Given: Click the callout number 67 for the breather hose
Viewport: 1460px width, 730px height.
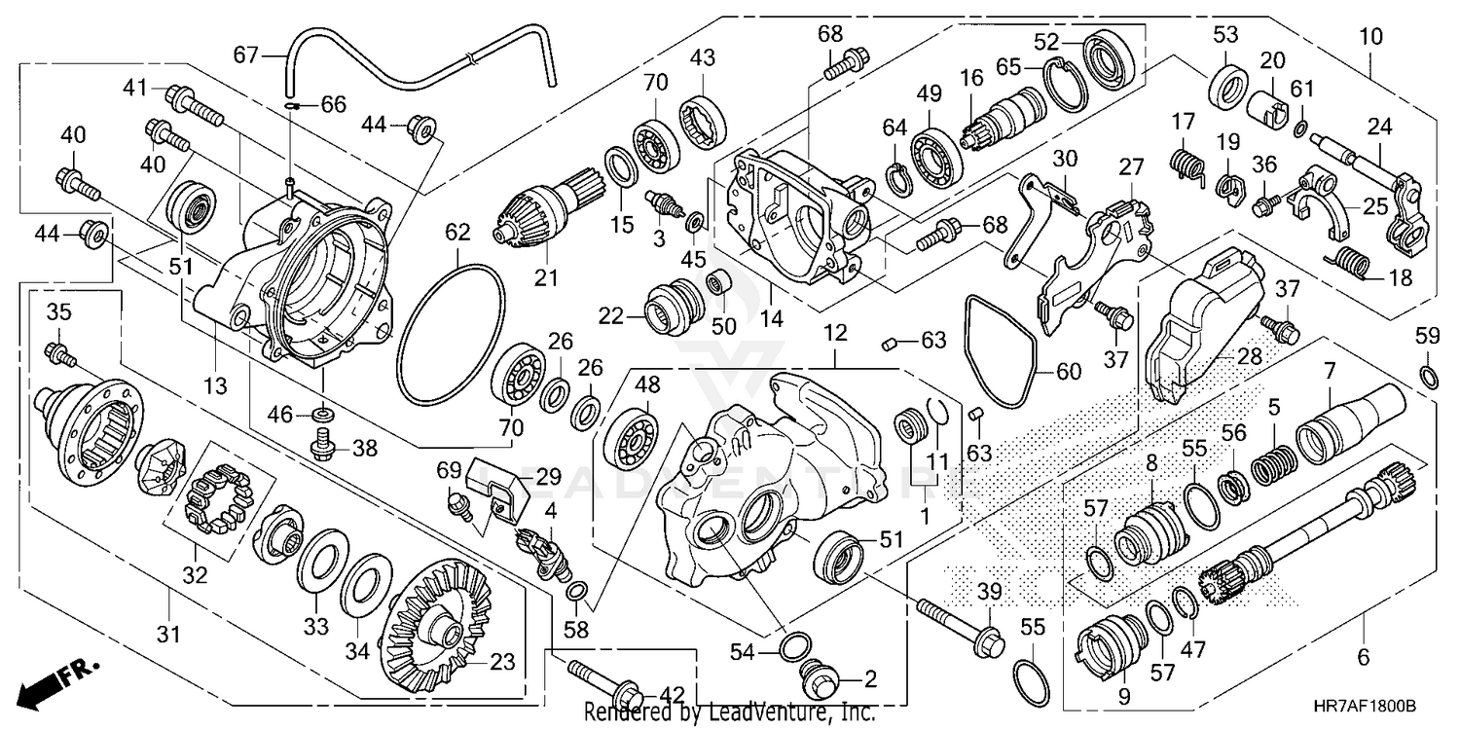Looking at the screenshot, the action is tap(245, 55).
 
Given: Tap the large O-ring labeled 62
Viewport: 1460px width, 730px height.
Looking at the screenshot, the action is tap(451, 334).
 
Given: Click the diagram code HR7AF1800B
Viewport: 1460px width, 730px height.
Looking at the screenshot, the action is tap(1375, 706).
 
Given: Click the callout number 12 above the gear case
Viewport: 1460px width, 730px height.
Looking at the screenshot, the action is tap(835, 333).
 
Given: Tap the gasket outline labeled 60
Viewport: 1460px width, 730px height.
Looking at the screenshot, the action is tap(1001, 351).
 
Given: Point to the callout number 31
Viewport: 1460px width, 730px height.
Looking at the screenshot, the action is tap(168, 633).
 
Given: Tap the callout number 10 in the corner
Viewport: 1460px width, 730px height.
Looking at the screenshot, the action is tap(1370, 37).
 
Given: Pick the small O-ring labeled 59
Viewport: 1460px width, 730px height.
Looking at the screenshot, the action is tap(1428, 377).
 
